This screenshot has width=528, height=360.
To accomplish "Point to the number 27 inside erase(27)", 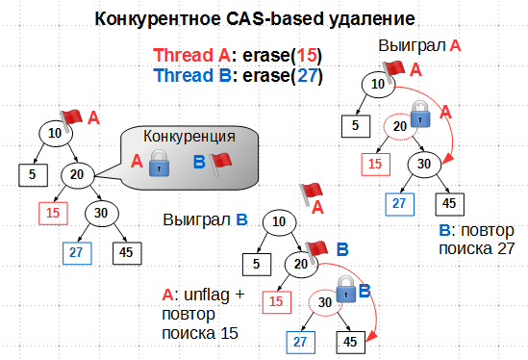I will point(308,75).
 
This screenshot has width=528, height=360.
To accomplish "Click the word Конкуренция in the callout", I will point(189,136).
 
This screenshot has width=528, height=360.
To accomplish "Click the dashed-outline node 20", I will point(397,125).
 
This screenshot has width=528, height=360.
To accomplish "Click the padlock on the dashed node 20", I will point(418,116).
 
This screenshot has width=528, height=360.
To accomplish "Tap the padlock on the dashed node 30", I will point(344,287).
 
